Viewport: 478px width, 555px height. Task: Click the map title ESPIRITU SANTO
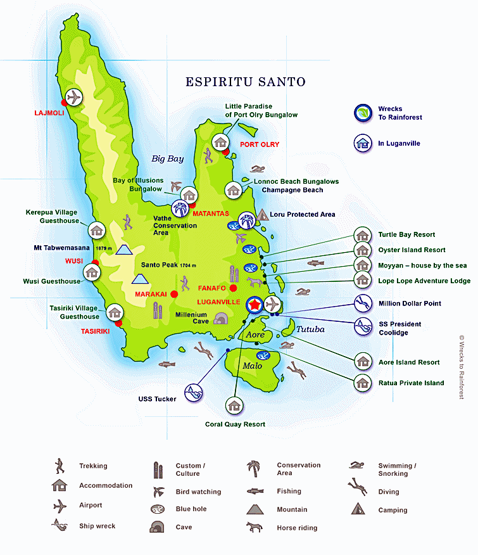coord(245,82)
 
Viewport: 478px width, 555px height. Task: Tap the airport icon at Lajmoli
coord(74,98)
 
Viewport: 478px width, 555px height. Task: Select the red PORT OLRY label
coord(260,144)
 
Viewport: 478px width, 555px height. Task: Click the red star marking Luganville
coord(254,305)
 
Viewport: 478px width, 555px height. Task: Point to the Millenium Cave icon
coord(220,318)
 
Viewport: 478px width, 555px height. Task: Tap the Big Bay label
coord(167,158)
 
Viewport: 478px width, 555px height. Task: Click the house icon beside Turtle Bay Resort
coord(363,234)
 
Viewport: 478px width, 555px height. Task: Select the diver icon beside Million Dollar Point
coord(363,303)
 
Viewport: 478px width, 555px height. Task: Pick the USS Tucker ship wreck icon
coord(194,393)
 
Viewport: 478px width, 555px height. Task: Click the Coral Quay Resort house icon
coord(235,405)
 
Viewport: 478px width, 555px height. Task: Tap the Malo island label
coord(252,366)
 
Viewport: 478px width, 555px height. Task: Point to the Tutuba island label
coord(310,329)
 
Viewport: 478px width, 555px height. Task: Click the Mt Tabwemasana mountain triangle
coord(123,249)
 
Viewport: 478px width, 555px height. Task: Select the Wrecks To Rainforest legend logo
coord(363,113)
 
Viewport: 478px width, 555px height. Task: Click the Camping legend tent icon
coord(357,509)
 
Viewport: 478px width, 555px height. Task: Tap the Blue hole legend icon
coord(157,509)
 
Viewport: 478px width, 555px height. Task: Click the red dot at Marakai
coord(174,294)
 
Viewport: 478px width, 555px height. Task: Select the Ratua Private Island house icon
coord(363,382)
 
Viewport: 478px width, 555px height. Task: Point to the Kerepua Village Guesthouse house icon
coord(97,229)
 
